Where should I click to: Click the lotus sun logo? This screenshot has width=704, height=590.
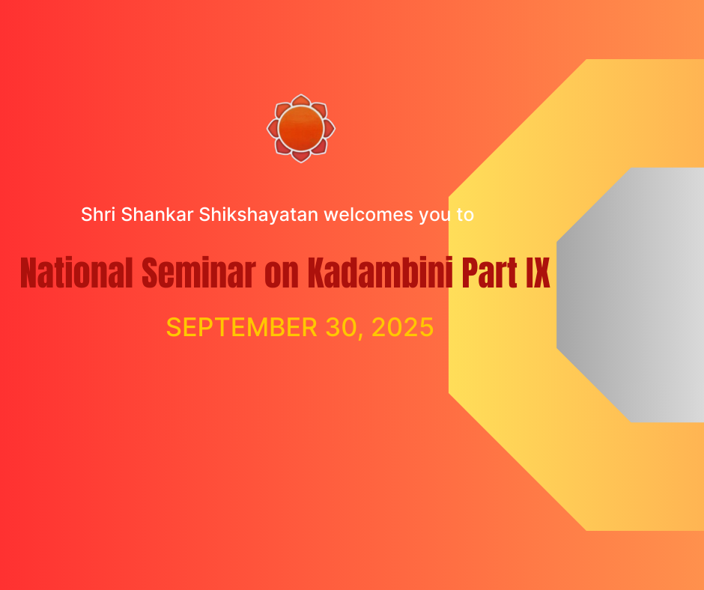(301, 129)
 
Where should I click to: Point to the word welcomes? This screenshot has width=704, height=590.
(368, 214)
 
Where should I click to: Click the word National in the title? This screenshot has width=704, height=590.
(76, 273)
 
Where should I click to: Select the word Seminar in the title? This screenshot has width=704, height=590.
(199, 273)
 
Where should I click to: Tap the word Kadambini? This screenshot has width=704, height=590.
(380, 273)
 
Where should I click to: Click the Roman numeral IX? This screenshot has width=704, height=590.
(538, 273)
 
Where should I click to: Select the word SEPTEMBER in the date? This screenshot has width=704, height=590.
(242, 327)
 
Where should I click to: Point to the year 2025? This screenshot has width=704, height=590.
(402, 327)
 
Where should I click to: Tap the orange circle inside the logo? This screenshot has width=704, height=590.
(301, 129)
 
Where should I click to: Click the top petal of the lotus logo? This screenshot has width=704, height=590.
(301, 100)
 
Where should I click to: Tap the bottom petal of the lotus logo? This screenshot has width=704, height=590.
(301, 156)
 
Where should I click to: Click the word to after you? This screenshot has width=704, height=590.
(466, 215)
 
